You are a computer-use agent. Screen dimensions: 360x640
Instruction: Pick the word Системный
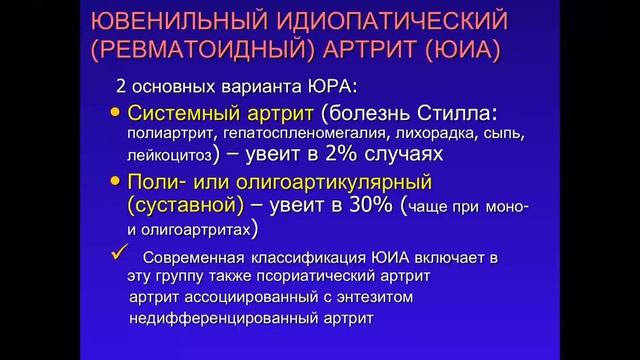(x=190, y=112)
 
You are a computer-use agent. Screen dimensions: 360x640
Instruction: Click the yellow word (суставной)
(x=186, y=206)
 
